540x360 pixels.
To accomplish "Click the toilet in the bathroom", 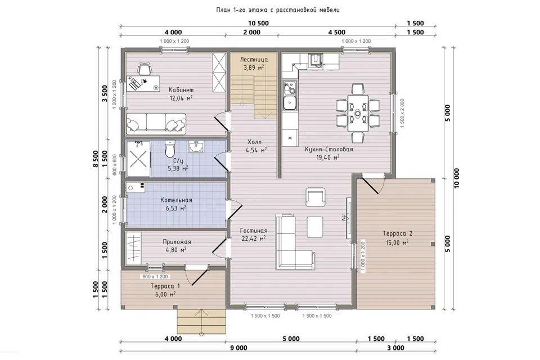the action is click(170, 148).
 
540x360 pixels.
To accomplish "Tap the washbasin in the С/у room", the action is click(196, 147).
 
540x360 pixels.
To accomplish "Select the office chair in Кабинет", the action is click(145, 68).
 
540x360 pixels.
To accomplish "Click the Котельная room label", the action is click(176, 200).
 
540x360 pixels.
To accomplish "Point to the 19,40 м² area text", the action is click(328, 157).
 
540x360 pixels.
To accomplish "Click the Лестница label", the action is click(254, 60).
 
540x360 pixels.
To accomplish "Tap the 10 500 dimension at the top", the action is click(258, 24).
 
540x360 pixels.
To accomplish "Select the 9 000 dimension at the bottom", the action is click(238, 348).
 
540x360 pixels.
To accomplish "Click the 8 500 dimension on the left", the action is click(96, 159).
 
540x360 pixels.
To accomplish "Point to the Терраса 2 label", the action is click(398, 233).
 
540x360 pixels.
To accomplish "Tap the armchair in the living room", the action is click(315, 197).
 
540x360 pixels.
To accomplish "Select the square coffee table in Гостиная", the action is click(315, 227).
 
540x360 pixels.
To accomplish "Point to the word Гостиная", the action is click(254, 231).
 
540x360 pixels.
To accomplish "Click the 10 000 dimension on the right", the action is click(457, 178).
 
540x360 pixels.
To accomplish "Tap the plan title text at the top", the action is click(278, 10).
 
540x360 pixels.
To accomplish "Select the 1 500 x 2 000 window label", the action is click(402, 113).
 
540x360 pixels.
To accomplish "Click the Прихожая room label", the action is click(177, 242).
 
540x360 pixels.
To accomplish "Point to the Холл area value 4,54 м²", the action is click(256, 150).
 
